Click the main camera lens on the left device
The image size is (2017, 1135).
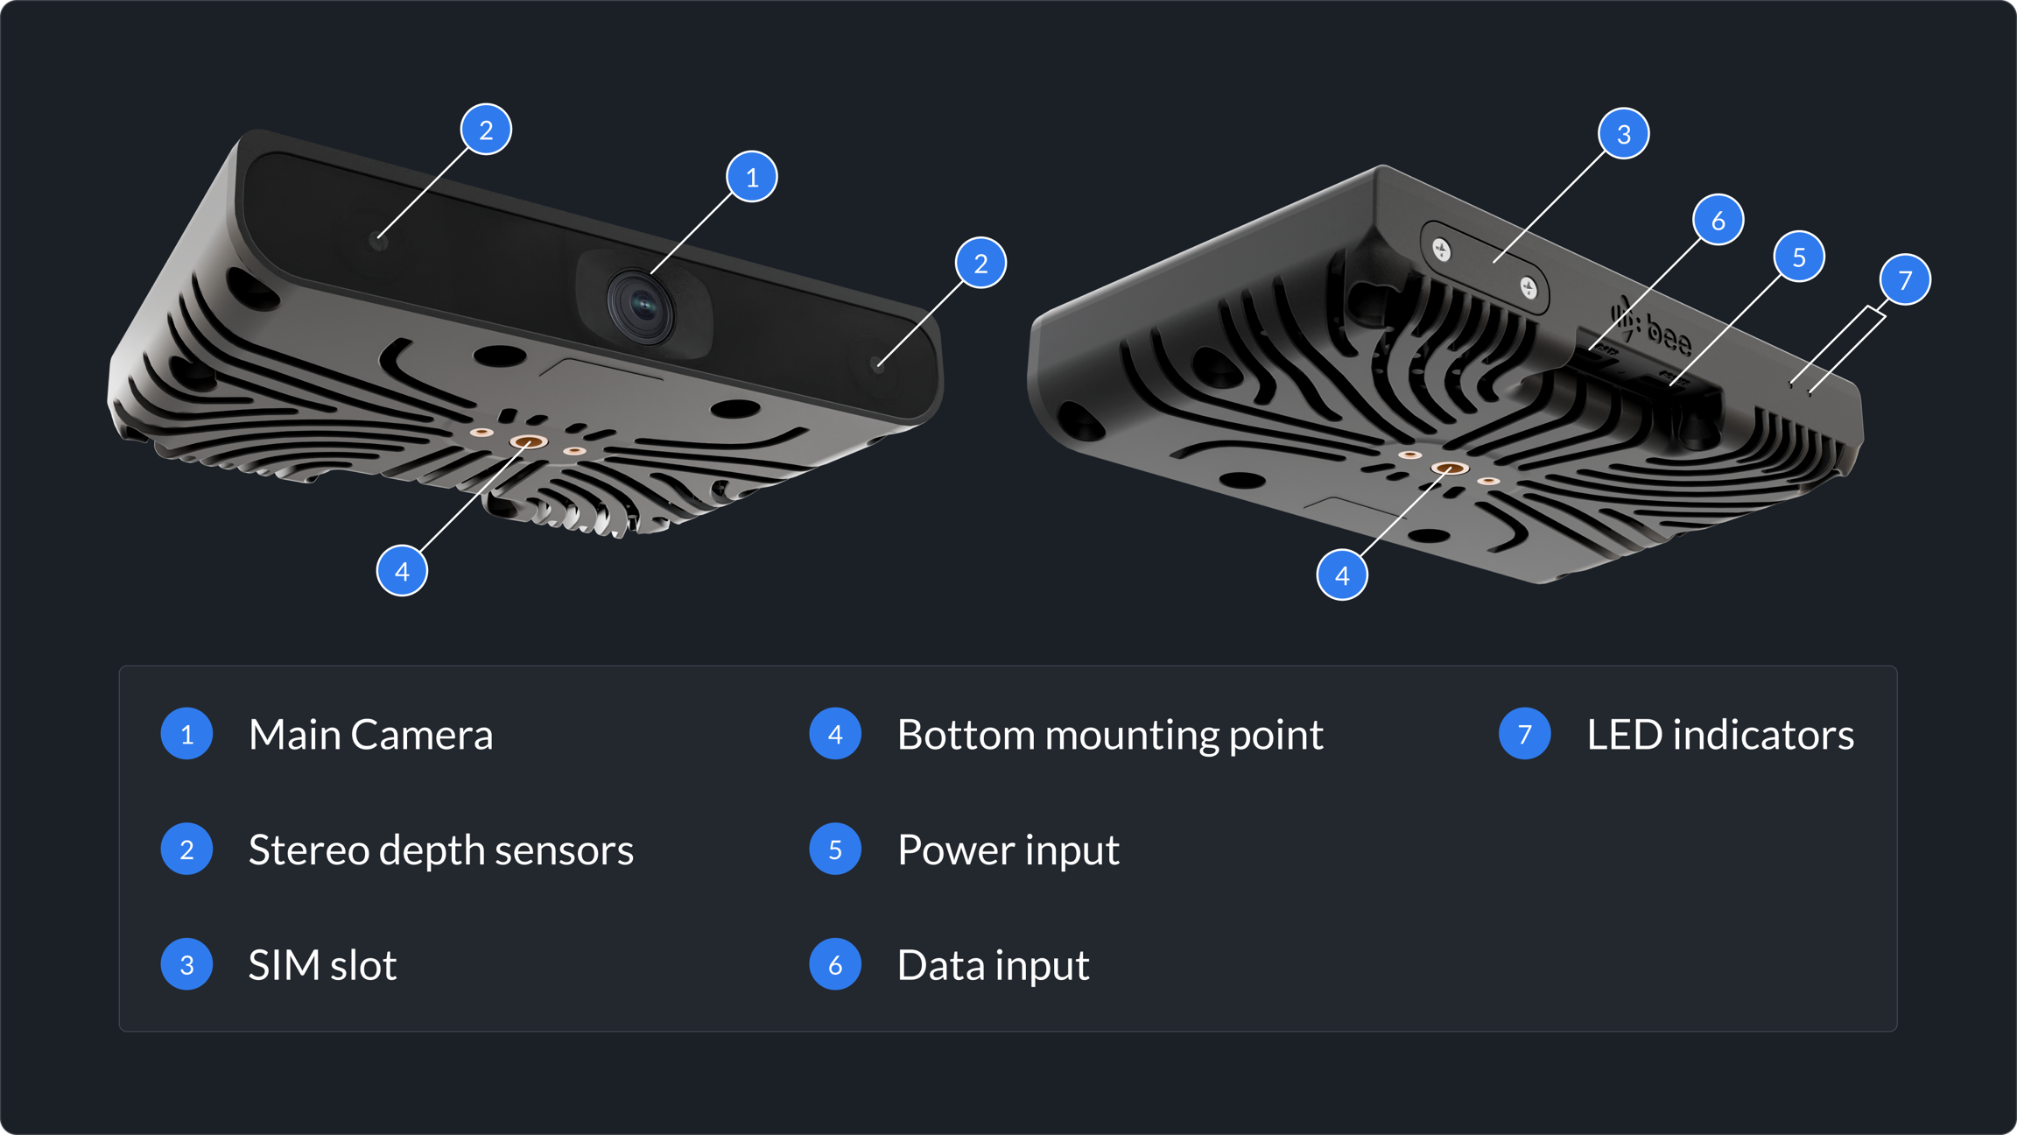tap(642, 307)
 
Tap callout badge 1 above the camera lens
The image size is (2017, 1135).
tap(752, 177)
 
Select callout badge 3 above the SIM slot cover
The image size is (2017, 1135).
tap(1624, 134)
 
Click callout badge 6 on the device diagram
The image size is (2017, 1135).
tap(1718, 220)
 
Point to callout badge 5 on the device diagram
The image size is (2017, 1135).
tap(1799, 257)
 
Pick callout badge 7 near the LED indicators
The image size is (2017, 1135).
tap(1905, 279)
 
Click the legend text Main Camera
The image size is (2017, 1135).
tap(370, 735)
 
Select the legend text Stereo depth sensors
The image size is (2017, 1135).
tap(441, 850)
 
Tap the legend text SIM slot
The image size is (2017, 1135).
tap(322, 965)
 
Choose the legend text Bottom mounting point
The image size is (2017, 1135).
tap(1110, 735)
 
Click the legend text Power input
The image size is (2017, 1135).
tap(1008, 850)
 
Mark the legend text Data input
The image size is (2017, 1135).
tap(994, 965)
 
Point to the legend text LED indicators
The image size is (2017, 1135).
tap(1720, 735)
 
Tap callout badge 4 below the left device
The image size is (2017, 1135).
tap(402, 571)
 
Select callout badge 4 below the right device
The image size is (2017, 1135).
tap(1342, 575)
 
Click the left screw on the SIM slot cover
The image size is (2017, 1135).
tap(1442, 250)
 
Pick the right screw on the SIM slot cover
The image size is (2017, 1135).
tap(1529, 287)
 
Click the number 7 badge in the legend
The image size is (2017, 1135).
tap(1525, 734)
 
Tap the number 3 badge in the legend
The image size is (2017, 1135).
tap(186, 965)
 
